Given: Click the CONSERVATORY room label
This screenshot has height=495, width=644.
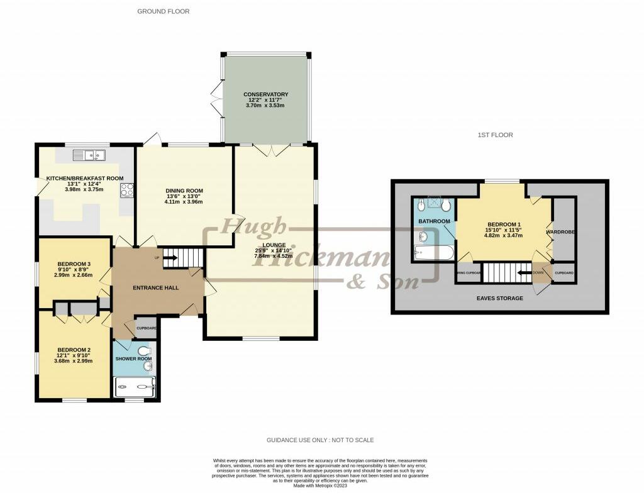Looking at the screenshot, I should [267, 94].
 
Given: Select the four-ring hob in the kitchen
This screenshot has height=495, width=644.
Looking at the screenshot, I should [126, 189].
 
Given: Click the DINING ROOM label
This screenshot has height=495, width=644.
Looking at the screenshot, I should [184, 191].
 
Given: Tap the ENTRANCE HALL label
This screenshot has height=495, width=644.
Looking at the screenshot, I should [155, 287].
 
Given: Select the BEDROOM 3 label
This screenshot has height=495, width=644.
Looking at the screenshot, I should [74, 264].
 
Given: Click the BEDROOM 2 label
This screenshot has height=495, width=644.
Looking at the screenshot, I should [74, 350].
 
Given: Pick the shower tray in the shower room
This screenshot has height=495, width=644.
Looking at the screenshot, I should [135, 386].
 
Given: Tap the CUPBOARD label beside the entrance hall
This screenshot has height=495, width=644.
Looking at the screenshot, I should [147, 328].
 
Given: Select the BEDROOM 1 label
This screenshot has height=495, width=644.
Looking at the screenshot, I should [504, 225].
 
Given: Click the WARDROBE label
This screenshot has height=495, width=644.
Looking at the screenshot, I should [561, 232].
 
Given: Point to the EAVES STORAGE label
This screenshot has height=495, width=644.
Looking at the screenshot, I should [499, 298].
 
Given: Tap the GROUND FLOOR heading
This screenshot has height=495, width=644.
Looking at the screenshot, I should [163, 11].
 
